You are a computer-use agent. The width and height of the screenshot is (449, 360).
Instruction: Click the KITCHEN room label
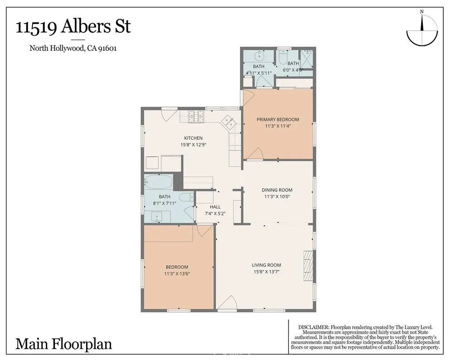coord(193,138)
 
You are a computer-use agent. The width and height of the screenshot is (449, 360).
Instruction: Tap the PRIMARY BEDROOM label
coord(278,119)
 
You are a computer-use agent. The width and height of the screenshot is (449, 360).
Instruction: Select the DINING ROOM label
coord(277,190)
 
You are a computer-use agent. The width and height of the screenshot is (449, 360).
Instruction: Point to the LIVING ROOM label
coord(266,265)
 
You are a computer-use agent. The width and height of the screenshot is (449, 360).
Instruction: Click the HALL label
coord(215,207)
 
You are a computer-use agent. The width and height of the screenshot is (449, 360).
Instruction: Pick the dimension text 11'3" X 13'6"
coord(177,273)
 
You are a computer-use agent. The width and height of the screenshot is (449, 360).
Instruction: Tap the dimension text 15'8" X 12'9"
coord(193,145)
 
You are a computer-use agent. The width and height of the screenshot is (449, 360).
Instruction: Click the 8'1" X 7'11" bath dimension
coord(164,203)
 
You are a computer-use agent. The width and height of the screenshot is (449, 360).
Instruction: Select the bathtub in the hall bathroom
coord(158,181)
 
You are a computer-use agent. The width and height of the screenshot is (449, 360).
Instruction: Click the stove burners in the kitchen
coord(196,117)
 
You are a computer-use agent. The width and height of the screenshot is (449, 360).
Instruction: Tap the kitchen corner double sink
coord(229,122)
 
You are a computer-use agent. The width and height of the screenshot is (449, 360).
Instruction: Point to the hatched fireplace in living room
coord(308,266)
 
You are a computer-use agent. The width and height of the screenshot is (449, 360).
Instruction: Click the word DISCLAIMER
coord(313,327)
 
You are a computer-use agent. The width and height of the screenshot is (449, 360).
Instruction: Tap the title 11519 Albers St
coord(73,27)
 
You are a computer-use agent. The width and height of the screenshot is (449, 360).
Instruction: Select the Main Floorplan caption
coord(63,344)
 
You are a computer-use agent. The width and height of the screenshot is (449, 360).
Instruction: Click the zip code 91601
coord(107,48)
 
